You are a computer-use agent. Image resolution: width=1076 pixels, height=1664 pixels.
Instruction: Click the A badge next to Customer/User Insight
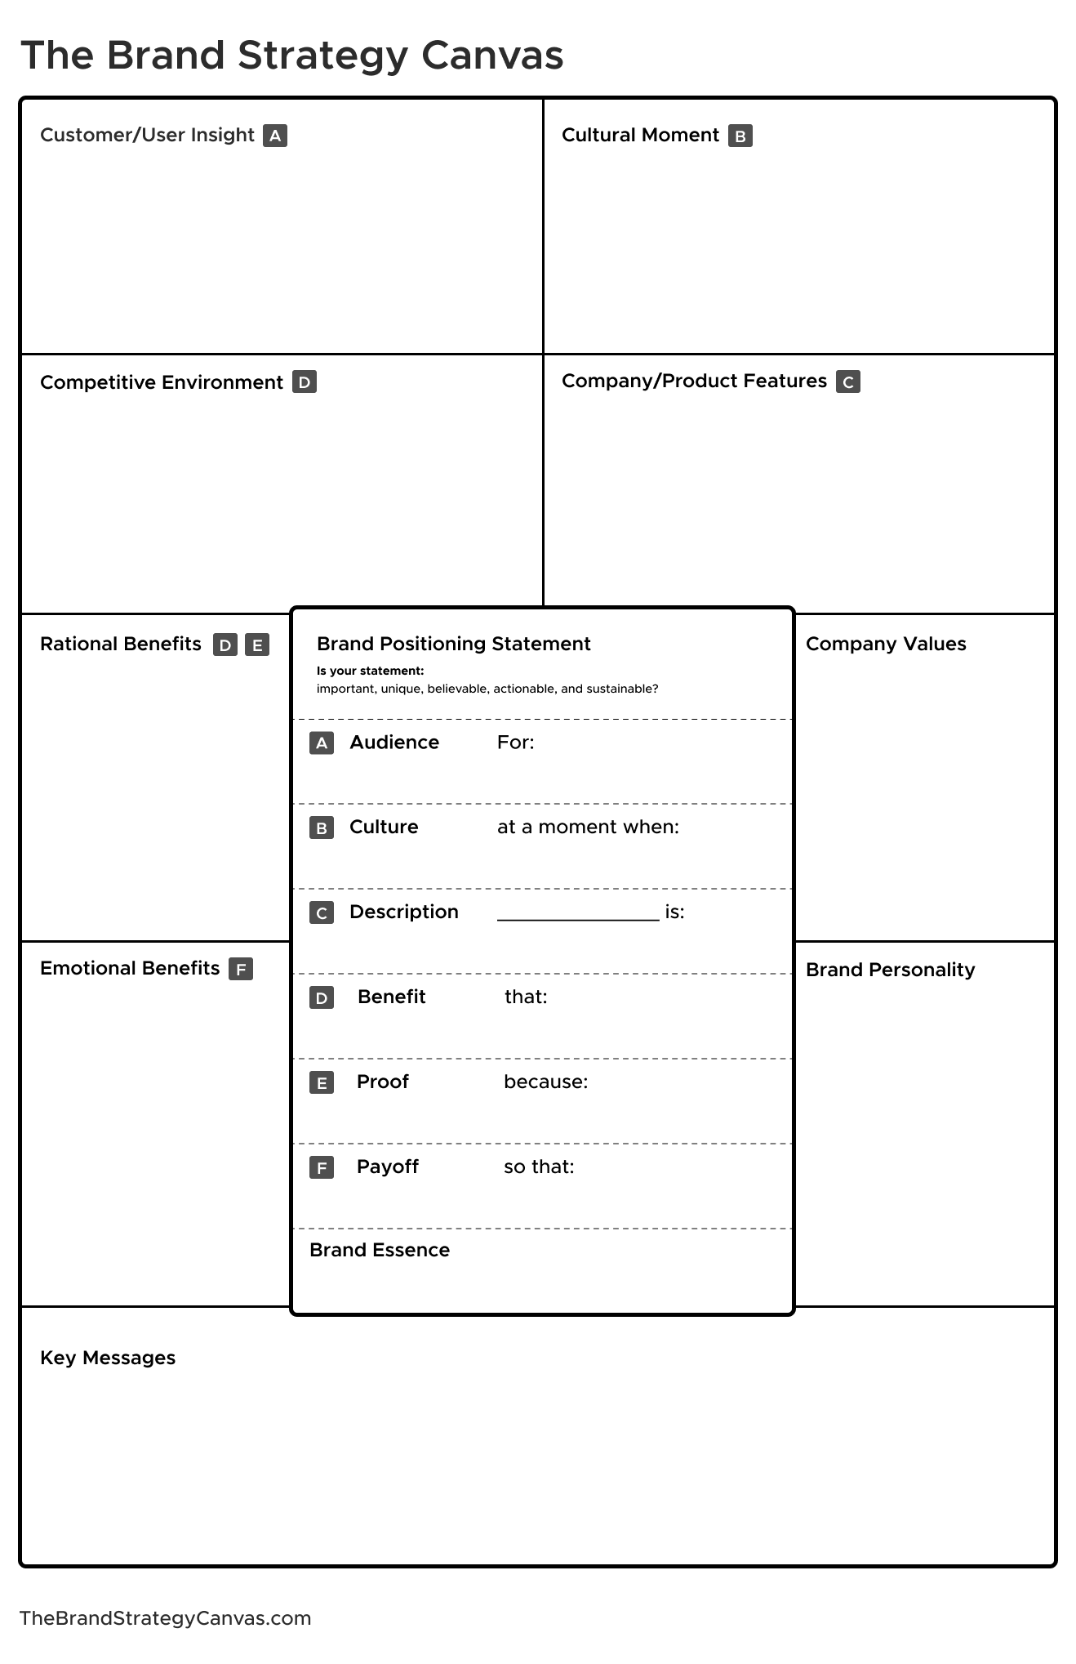[275, 136]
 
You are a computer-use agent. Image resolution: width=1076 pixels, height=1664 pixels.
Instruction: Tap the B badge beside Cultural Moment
[740, 136]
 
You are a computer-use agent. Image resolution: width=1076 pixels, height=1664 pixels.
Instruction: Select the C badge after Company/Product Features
[847, 381]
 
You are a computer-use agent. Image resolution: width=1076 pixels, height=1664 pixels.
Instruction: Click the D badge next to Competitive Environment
[305, 382]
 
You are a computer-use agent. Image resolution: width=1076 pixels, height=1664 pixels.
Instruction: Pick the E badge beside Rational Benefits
[257, 645]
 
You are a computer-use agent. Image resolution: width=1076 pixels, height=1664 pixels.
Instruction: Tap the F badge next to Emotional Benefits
[241, 969]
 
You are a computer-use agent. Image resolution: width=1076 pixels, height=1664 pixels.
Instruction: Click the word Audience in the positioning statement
[394, 742]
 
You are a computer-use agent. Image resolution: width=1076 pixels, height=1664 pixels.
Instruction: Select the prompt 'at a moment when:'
[588, 827]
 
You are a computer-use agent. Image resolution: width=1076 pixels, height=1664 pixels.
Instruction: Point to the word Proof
[382, 1082]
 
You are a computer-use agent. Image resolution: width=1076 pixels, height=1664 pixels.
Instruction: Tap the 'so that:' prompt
[539, 1167]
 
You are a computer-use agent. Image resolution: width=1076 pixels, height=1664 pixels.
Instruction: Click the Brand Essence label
[380, 1250]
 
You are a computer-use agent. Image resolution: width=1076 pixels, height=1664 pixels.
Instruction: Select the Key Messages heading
[108, 1358]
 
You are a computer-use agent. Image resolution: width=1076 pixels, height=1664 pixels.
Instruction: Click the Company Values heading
[886, 644]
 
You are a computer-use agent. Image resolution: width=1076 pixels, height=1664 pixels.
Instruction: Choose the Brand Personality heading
[890, 970]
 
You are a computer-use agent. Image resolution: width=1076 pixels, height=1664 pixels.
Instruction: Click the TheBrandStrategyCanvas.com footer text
[165, 1618]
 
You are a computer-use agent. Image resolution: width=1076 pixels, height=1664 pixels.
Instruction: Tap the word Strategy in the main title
[322, 56]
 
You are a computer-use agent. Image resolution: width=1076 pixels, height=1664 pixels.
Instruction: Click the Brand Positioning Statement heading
[453, 644]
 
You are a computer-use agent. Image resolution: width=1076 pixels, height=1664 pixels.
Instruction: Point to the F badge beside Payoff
[322, 1168]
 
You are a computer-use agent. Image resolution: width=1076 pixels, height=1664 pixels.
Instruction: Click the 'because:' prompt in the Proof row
[545, 1082]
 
